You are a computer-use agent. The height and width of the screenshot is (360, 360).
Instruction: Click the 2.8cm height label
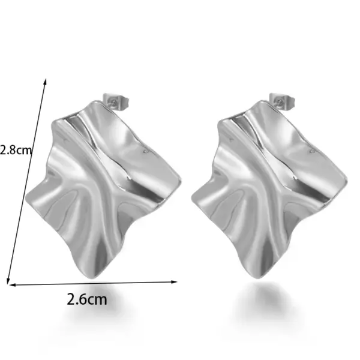coord(16,150)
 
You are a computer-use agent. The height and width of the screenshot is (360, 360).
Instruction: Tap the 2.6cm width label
coord(87,298)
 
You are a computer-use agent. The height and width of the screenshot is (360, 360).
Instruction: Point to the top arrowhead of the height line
coord(46,80)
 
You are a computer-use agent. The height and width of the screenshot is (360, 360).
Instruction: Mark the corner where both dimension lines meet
coord(8,283)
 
